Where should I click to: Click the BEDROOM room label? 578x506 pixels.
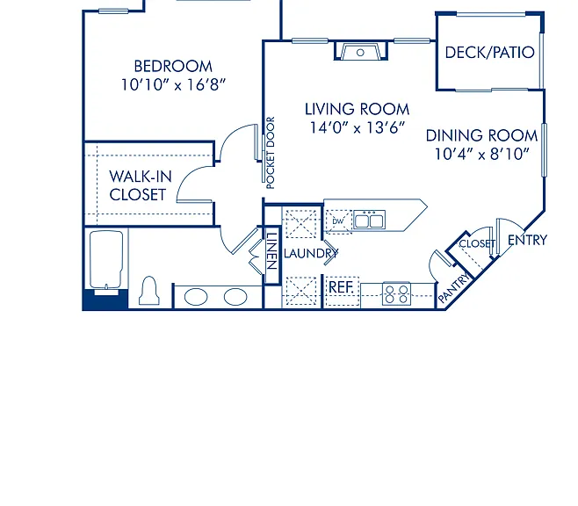click(173, 67)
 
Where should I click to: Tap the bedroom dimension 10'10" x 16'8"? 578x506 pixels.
click(173, 84)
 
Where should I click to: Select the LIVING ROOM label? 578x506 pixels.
click(357, 109)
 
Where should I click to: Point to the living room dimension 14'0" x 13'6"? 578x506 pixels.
click(357, 127)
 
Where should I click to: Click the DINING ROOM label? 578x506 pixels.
click(481, 135)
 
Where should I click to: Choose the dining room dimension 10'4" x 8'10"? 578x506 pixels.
click(481, 154)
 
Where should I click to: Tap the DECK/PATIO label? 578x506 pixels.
click(489, 53)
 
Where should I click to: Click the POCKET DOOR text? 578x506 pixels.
click(271, 153)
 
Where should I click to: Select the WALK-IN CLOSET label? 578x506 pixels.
click(141, 185)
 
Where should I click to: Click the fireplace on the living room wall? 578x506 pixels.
click(360, 51)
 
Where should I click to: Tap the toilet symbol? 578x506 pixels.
click(149, 291)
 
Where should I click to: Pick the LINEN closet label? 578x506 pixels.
click(271, 251)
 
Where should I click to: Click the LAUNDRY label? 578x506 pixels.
click(311, 253)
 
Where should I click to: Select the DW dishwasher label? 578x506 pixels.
click(337, 221)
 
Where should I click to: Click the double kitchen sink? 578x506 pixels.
click(369, 220)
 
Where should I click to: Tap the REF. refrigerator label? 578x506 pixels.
click(341, 287)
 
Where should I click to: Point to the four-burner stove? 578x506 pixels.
click(396, 293)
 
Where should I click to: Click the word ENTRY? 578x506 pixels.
click(527, 241)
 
